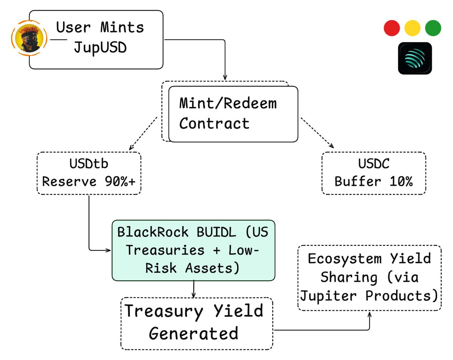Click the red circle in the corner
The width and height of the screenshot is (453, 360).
[391, 28]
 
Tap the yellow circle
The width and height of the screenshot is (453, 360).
[412, 28]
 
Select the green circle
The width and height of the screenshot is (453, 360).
[433, 28]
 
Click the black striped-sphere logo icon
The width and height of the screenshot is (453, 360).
[415, 58]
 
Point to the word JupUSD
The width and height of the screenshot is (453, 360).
[100, 48]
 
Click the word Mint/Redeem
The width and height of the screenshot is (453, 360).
[228, 103]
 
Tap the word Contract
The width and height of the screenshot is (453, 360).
[214, 123]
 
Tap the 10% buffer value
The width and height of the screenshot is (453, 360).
[397, 181]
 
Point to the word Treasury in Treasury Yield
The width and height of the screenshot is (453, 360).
[163, 311]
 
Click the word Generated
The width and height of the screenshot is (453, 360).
[193, 334]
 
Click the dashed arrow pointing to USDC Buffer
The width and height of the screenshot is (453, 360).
[317, 133]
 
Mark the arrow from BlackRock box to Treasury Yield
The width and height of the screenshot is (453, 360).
[194, 289]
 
